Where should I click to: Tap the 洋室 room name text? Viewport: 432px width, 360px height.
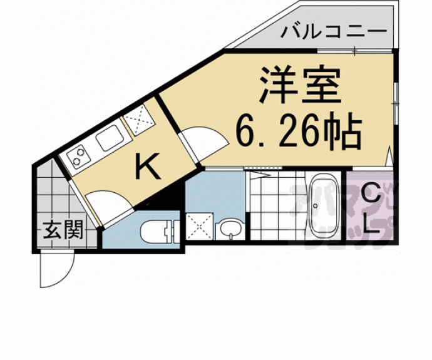coord(299,87)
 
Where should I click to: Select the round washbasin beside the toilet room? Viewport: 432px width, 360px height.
coord(230,229)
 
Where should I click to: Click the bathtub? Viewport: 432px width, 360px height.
coord(324,206)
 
